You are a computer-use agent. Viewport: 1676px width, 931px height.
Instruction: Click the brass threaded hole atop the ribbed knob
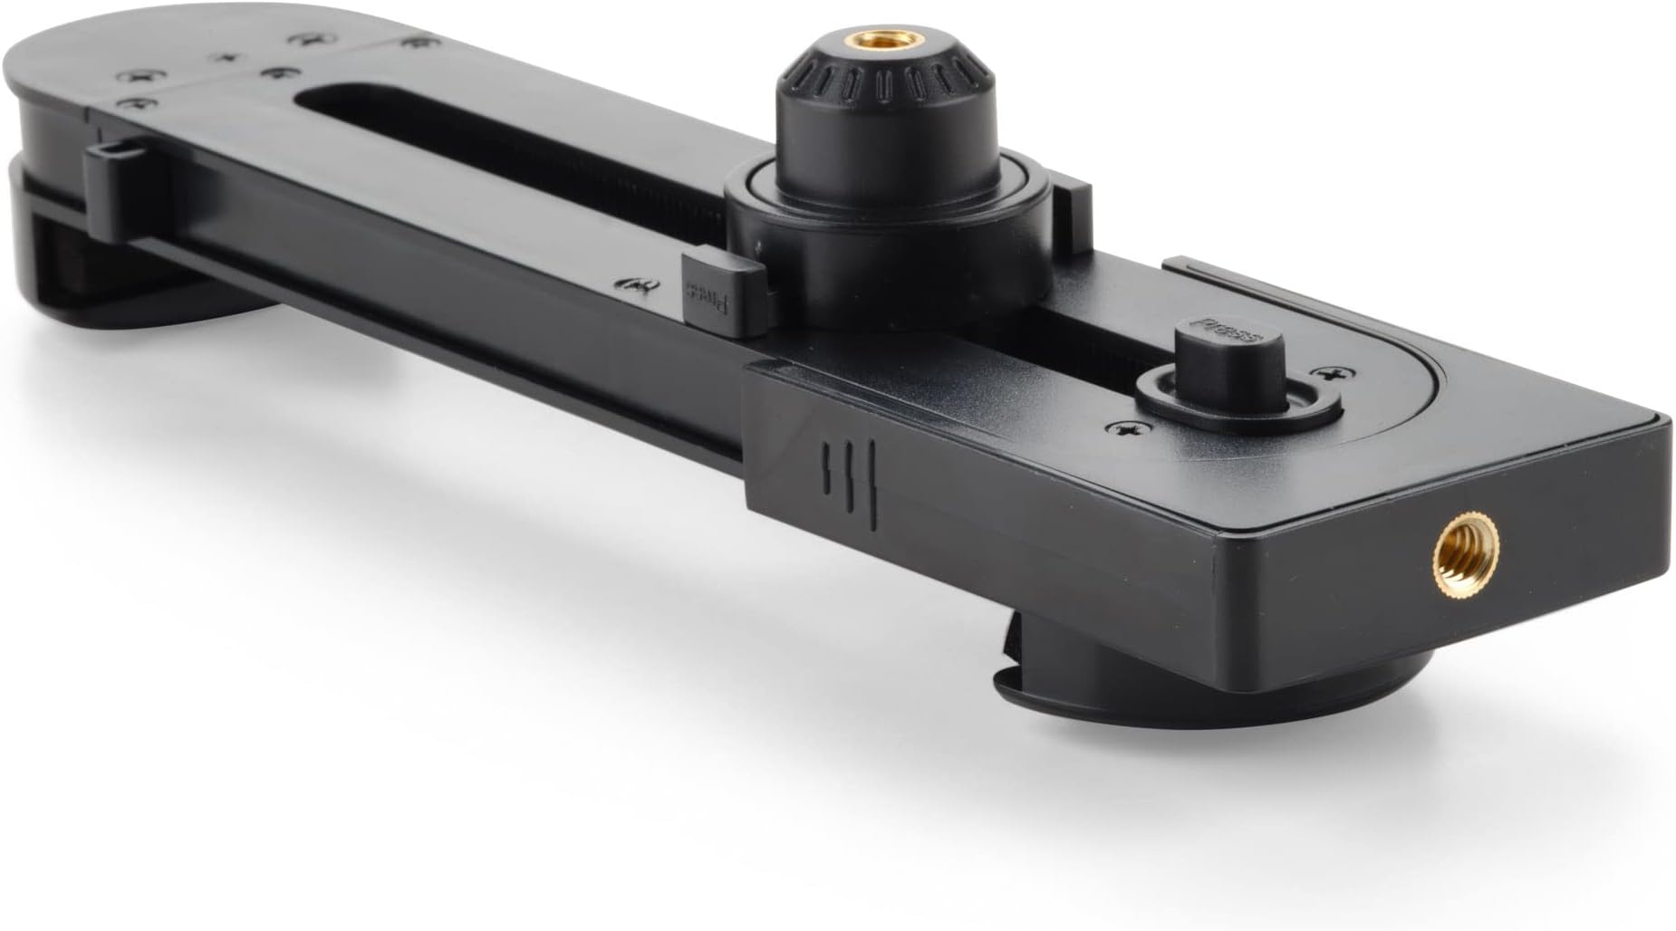[873, 41]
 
